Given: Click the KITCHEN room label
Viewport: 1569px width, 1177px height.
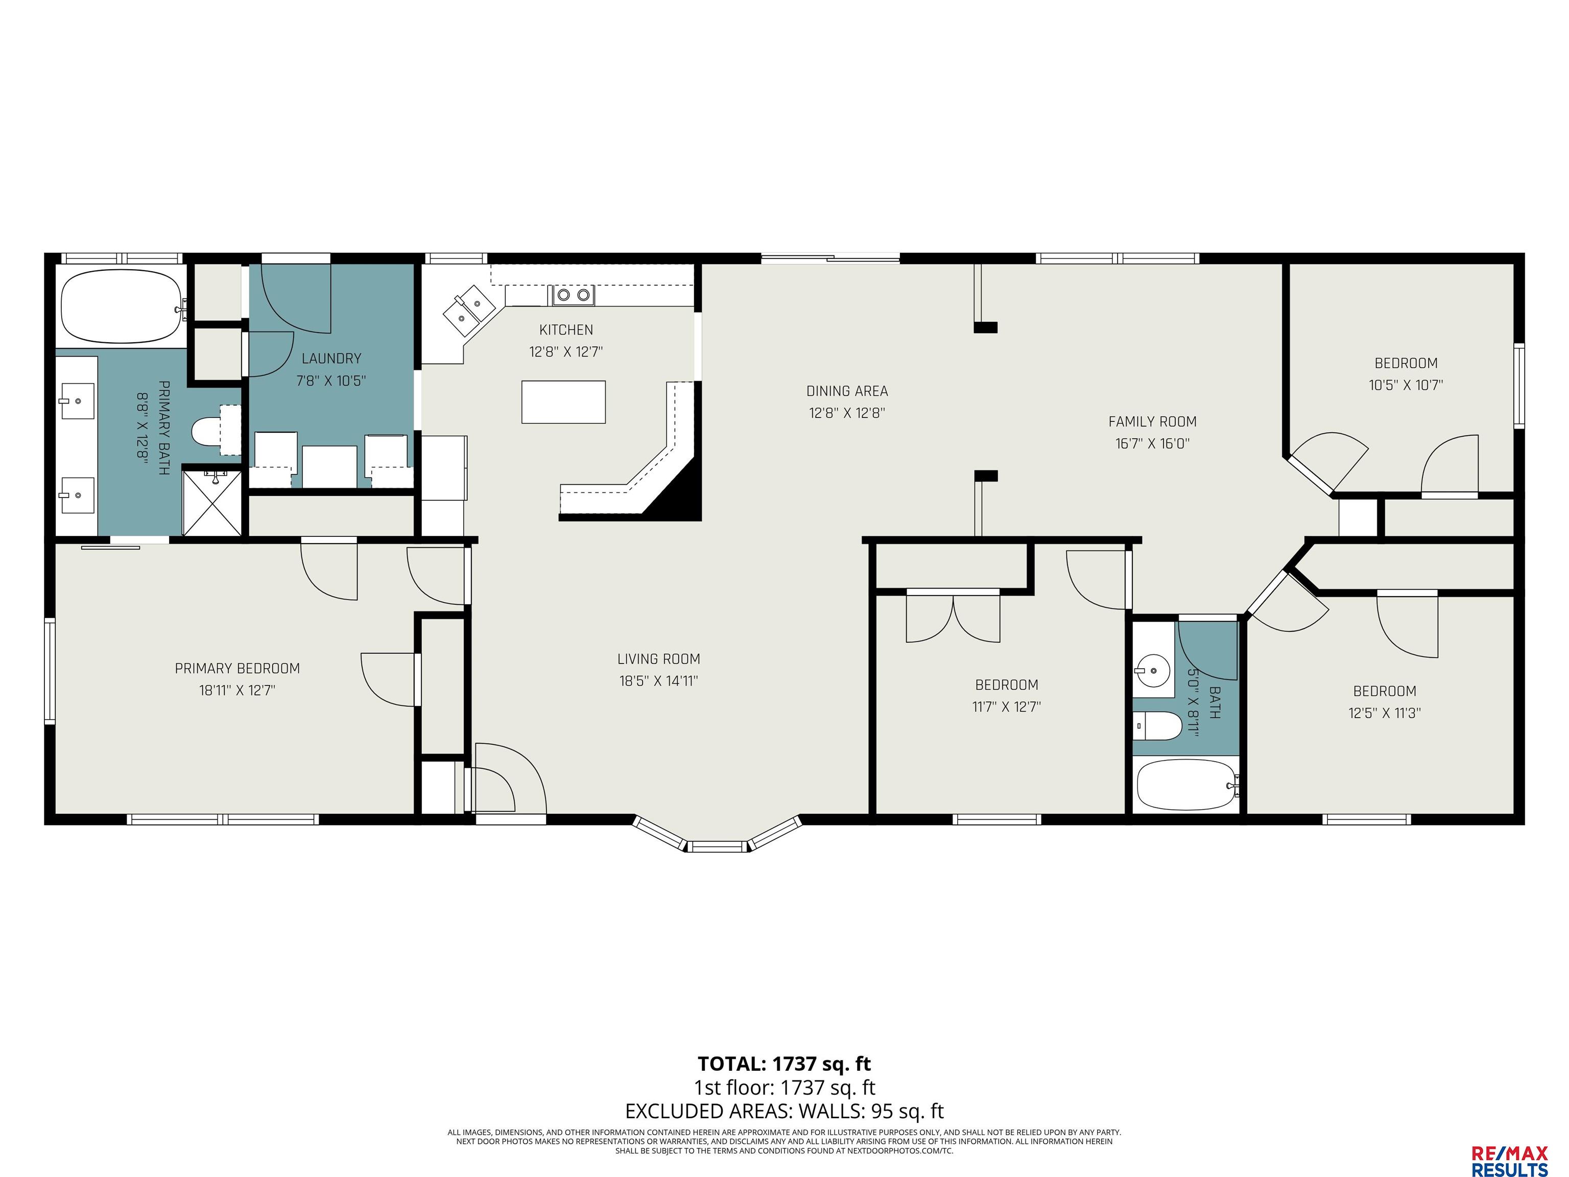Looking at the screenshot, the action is (x=566, y=330).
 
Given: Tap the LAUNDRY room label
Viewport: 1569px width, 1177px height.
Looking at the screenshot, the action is (x=331, y=359).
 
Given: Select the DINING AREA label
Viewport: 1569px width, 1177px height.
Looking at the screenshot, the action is (x=847, y=391).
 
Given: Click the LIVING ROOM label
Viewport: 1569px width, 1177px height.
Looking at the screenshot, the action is (x=659, y=659).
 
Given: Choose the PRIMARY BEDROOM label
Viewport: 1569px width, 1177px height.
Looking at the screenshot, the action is (x=237, y=668).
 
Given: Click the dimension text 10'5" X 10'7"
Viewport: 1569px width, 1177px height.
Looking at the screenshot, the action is (x=1406, y=385).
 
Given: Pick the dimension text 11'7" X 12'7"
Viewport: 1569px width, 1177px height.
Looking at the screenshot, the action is (x=1007, y=707).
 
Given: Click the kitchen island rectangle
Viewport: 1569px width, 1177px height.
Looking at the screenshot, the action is (x=563, y=402).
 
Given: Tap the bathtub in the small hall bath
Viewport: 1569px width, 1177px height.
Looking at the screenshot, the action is (x=1186, y=785).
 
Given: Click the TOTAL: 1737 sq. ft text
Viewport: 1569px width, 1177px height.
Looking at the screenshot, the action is (x=784, y=1064).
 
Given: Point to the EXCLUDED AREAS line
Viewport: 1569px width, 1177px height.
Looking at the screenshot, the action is (x=784, y=1111).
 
